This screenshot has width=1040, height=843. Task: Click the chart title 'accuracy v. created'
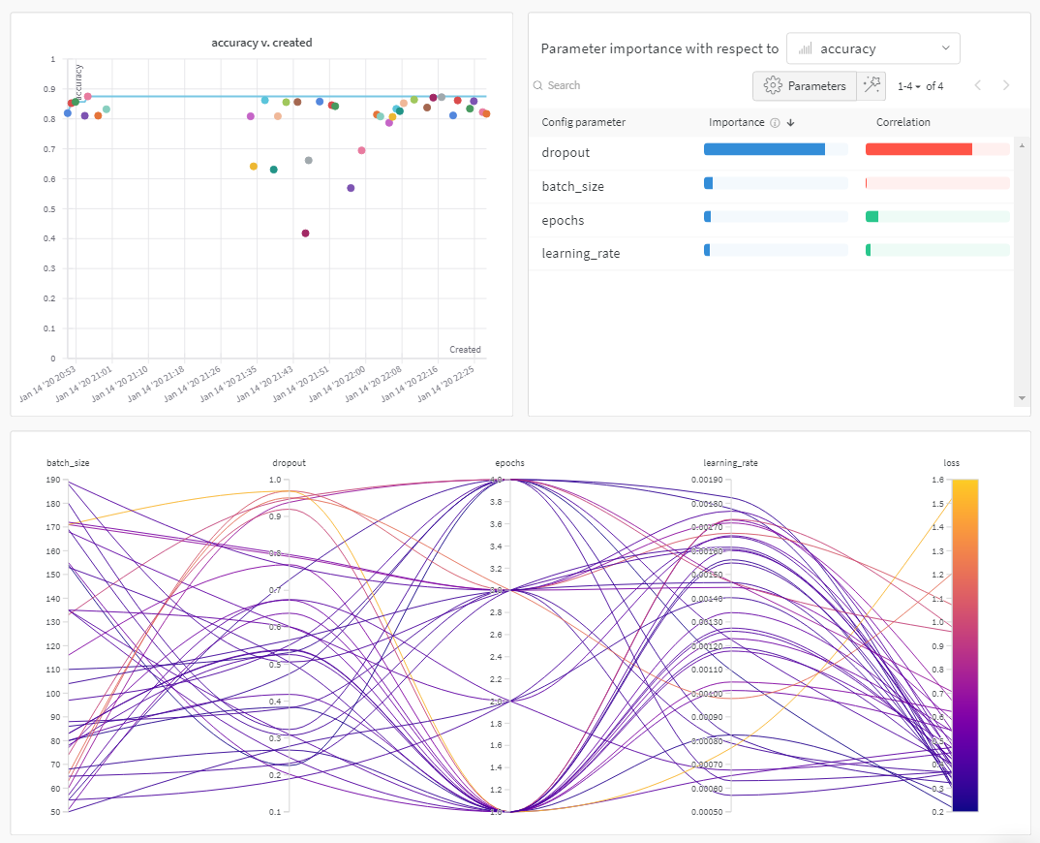pyautogui.click(x=261, y=43)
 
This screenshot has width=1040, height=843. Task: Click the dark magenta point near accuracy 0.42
pyautogui.click(x=306, y=234)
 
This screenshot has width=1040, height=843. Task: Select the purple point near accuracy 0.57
pyautogui.click(x=351, y=188)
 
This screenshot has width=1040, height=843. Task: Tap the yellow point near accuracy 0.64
pyautogui.click(x=254, y=167)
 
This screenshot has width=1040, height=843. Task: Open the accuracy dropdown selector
pyautogui.click(x=872, y=48)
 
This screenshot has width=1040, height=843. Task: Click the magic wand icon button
pyautogui.click(x=872, y=86)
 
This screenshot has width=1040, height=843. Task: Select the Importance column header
pyautogui.click(x=737, y=122)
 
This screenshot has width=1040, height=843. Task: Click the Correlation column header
pyautogui.click(x=902, y=122)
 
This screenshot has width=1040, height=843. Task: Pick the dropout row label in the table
pyautogui.click(x=566, y=152)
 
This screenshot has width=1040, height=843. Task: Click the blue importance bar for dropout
pyautogui.click(x=764, y=149)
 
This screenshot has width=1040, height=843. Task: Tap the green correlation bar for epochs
pyautogui.click(x=872, y=217)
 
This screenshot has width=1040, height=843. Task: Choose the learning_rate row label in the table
pyautogui.click(x=580, y=254)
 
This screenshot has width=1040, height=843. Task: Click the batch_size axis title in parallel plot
pyautogui.click(x=68, y=463)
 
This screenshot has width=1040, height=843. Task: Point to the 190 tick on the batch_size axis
pyautogui.click(x=54, y=481)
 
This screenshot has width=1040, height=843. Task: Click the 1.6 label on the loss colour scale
pyautogui.click(x=936, y=481)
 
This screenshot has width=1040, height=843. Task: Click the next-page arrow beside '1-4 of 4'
pyautogui.click(x=1006, y=85)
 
